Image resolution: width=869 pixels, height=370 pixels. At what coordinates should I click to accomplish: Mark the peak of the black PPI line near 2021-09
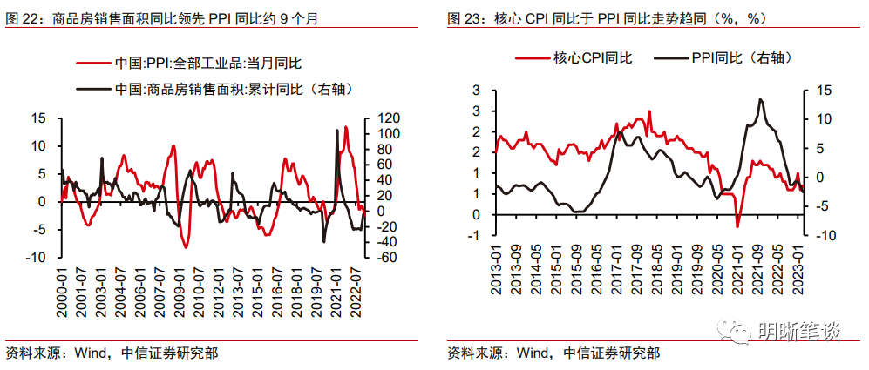tap(760, 99)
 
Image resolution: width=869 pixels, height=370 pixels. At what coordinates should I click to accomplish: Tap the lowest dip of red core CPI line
tap(737, 226)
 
